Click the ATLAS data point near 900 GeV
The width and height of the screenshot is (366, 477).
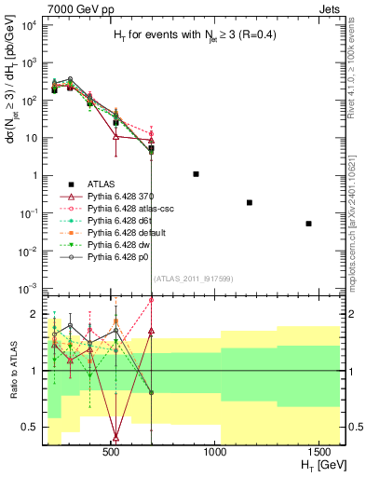pos(196,174)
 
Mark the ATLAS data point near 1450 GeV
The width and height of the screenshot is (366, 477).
pos(308,224)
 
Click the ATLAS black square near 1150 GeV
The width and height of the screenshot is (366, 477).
pos(249,202)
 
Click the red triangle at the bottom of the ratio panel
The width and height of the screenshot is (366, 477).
pos(115,437)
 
